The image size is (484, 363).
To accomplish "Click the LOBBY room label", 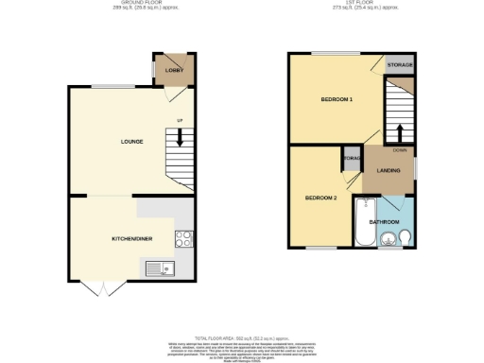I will point(173,71).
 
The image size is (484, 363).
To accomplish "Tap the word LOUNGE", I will point(131,142).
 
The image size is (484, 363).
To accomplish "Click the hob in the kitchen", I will point(183,239).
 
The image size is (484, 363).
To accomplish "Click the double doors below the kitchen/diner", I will point(99,287).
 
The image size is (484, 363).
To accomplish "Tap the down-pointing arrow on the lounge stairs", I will point(180,138).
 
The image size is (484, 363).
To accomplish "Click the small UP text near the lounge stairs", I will point(180,119).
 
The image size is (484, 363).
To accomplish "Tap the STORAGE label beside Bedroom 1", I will point(400,64).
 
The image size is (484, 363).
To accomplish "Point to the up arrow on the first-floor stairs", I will point(399,131).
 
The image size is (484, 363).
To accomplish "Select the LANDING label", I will point(389,170).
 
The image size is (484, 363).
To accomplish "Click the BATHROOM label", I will point(385,222).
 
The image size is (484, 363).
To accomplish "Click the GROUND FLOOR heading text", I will point(133,4).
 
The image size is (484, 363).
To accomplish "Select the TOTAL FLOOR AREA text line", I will point(241,337).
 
